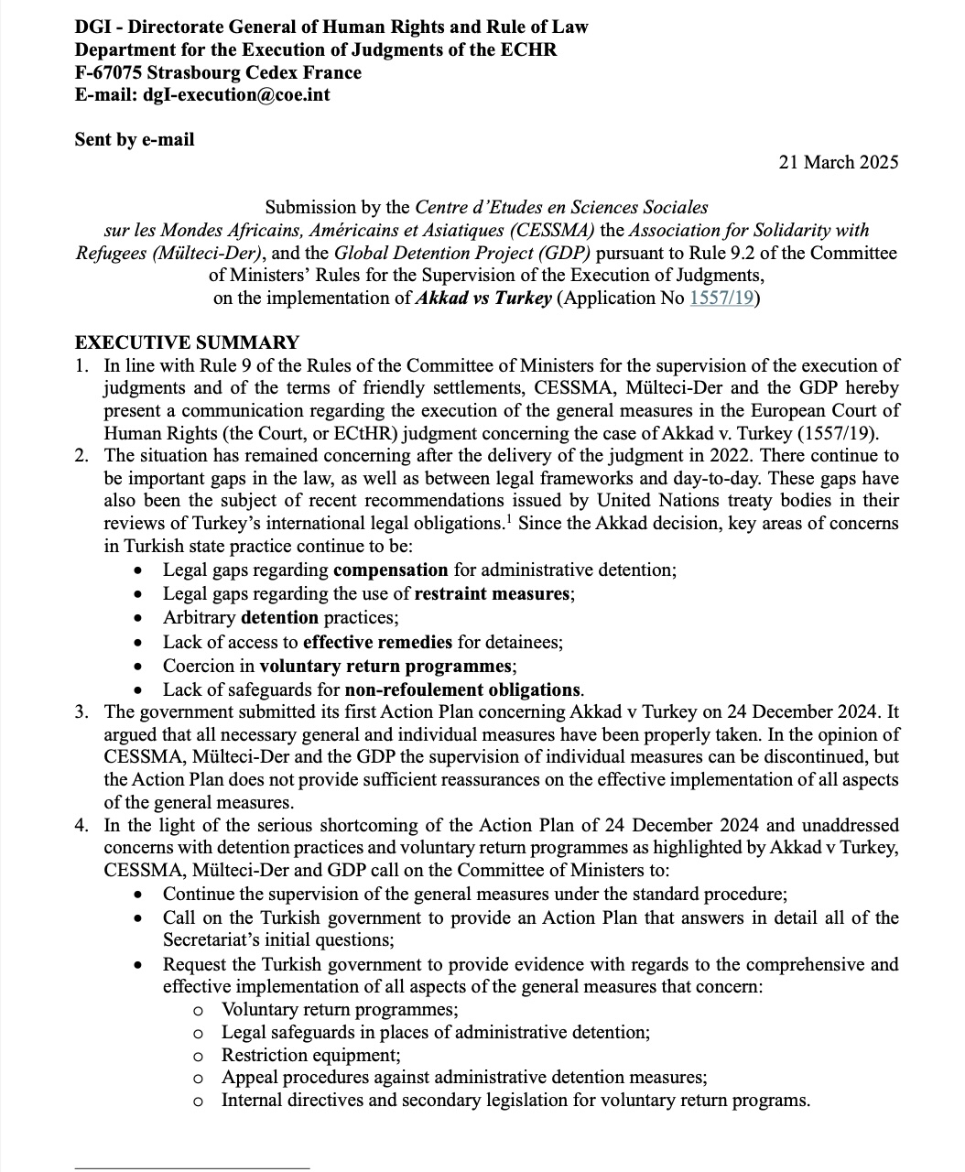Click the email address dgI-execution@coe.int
tap(235, 94)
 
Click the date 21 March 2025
tap(838, 162)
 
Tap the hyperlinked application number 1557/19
tap(721, 298)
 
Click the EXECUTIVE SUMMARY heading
tap(187, 342)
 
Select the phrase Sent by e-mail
tap(135, 139)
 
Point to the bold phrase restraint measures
tap(493, 593)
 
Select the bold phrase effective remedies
tap(377, 642)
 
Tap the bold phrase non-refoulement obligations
tap(462, 689)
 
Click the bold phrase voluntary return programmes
tap(385, 666)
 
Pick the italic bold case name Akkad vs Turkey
tap(483, 298)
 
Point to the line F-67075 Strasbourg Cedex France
tap(218, 72)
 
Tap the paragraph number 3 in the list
tap(82, 711)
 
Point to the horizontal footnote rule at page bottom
tap(191, 1167)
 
